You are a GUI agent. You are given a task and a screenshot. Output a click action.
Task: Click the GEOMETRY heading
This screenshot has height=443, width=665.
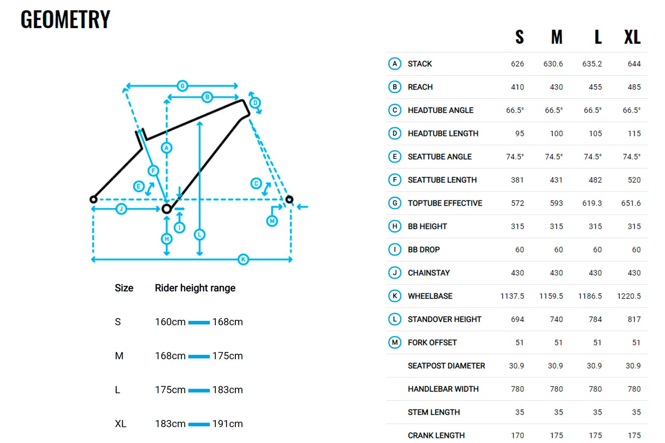click(x=65, y=19)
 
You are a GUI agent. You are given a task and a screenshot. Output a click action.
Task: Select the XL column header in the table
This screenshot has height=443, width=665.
click(x=632, y=37)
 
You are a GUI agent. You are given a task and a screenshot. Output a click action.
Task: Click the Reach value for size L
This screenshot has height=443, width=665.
click(x=595, y=87)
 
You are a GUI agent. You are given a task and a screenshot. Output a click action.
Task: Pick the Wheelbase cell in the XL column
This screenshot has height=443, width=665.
click(x=629, y=296)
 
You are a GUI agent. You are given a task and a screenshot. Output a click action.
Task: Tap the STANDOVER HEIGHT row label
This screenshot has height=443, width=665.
click(x=444, y=319)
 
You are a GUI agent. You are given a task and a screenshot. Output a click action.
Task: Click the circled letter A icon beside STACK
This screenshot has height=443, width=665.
click(x=395, y=64)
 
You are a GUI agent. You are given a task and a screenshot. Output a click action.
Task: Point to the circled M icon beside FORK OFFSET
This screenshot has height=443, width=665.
click(x=395, y=342)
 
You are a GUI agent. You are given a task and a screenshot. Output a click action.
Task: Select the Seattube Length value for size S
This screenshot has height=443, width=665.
click(x=517, y=180)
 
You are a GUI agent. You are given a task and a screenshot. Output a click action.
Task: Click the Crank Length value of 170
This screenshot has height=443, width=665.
click(x=517, y=435)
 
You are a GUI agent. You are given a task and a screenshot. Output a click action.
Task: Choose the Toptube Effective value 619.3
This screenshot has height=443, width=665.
click(x=592, y=203)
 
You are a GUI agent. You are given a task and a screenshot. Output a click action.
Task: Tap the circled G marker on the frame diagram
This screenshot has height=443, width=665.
click(x=182, y=86)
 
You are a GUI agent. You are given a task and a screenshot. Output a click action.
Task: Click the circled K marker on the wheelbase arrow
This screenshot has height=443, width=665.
click(x=243, y=260)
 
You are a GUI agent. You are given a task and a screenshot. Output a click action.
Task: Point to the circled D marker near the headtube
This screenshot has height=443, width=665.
click(x=255, y=103)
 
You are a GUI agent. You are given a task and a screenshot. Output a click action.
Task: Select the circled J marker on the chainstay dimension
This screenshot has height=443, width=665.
click(x=121, y=209)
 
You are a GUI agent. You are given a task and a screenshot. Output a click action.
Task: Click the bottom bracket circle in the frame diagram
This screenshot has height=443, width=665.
click(x=167, y=209)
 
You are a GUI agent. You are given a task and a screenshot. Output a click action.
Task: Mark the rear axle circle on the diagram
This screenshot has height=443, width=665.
click(x=94, y=199)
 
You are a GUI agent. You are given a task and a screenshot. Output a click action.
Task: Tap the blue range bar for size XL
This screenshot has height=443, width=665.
click(x=199, y=424)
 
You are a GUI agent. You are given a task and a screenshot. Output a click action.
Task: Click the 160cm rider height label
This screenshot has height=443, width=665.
click(x=170, y=322)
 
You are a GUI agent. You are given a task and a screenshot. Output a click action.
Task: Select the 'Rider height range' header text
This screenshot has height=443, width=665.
click(x=195, y=288)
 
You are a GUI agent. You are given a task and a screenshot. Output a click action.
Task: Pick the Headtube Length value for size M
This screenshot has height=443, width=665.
click(x=556, y=133)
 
